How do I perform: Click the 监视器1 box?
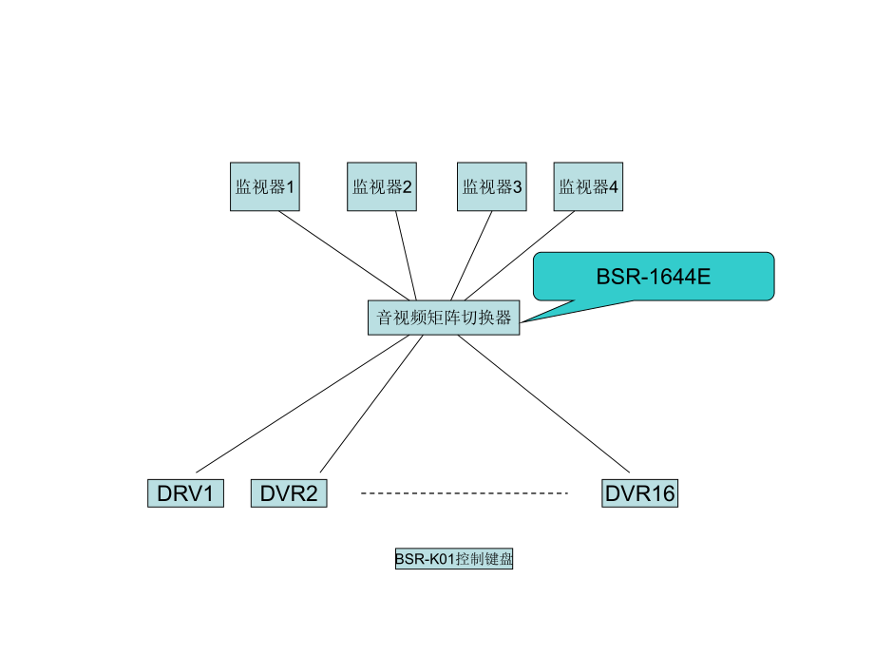[265, 186]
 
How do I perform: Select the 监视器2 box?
[382, 186]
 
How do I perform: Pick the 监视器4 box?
[588, 186]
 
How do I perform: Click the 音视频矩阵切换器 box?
[444, 318]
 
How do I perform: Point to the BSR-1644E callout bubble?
[654, 277]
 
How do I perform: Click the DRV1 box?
[185, 493]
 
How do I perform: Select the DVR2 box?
[288, 493]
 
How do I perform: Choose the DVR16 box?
[639, 493]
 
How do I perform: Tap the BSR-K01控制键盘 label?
[454, 559]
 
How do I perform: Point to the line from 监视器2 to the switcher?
[406, 255]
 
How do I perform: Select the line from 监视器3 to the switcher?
[471, 255]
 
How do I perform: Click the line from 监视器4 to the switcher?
[520, 255]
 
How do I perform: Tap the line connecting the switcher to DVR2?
[370, 404]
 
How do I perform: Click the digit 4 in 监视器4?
[614, 186]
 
